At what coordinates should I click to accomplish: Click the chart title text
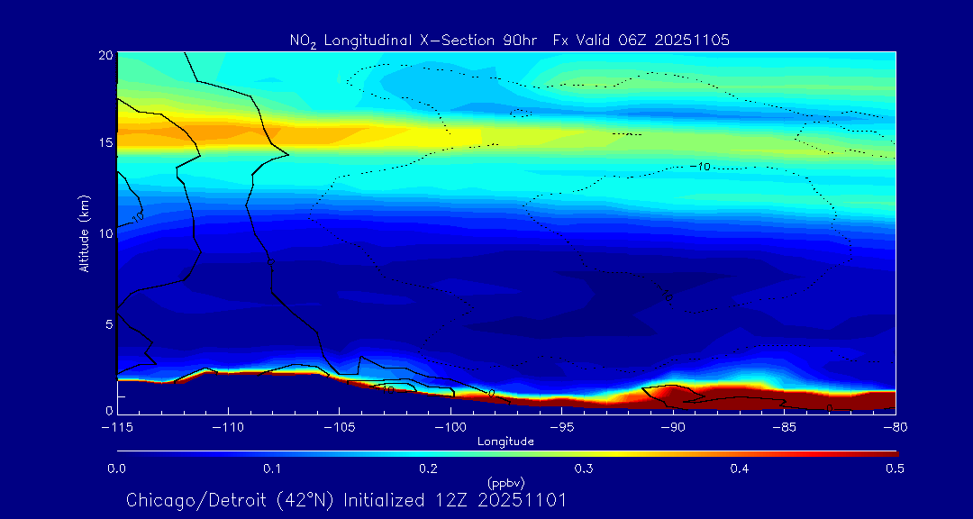click(509, 40)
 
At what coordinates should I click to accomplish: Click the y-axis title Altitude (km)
click(85, 232)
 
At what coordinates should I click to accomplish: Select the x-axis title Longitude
click(505, 442)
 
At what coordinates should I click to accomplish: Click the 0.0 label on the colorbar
click(117, 469)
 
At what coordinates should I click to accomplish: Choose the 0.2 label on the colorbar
click(428, 469)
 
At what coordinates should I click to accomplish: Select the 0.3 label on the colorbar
click(584, 469)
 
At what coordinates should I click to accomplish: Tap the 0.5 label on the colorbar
click(896, 469)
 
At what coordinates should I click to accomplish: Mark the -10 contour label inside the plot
click(700, 167)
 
